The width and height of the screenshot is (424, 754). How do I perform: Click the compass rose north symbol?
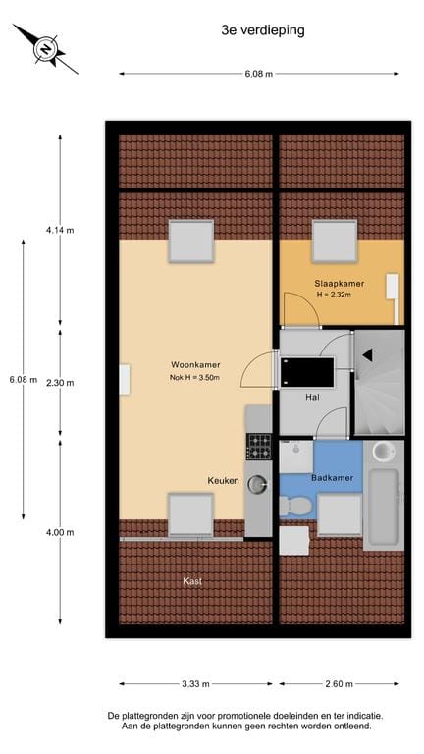tap(46, 49)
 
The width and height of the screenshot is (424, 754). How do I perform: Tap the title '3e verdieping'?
tap(263, 30)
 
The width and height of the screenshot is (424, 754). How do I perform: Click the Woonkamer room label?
tap(195, 365)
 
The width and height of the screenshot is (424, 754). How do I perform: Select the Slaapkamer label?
tap(340, 284)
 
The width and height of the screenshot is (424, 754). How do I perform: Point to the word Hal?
tap(312, 398)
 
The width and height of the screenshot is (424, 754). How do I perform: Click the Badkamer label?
tap(332, 478)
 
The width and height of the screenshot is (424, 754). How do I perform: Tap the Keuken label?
tap(223, 480)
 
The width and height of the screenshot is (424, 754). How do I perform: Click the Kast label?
tap(192, 581)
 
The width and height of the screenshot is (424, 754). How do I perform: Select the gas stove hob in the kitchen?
tap(259, 447)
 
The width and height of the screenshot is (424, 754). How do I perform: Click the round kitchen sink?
tap(257, 484)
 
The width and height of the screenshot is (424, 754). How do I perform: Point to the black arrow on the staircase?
tap(368, 355)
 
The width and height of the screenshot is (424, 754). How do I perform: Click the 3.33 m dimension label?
tap(195, 684)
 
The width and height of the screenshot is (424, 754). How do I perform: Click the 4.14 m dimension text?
tap(60, 230)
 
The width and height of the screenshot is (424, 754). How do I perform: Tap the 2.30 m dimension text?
tap(60, 383)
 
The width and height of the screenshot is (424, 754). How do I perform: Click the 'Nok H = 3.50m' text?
tap(194, 377)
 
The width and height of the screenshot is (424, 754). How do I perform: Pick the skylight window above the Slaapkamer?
tap(335, 242)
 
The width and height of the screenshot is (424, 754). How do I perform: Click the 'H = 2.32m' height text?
tap(334, 296)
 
